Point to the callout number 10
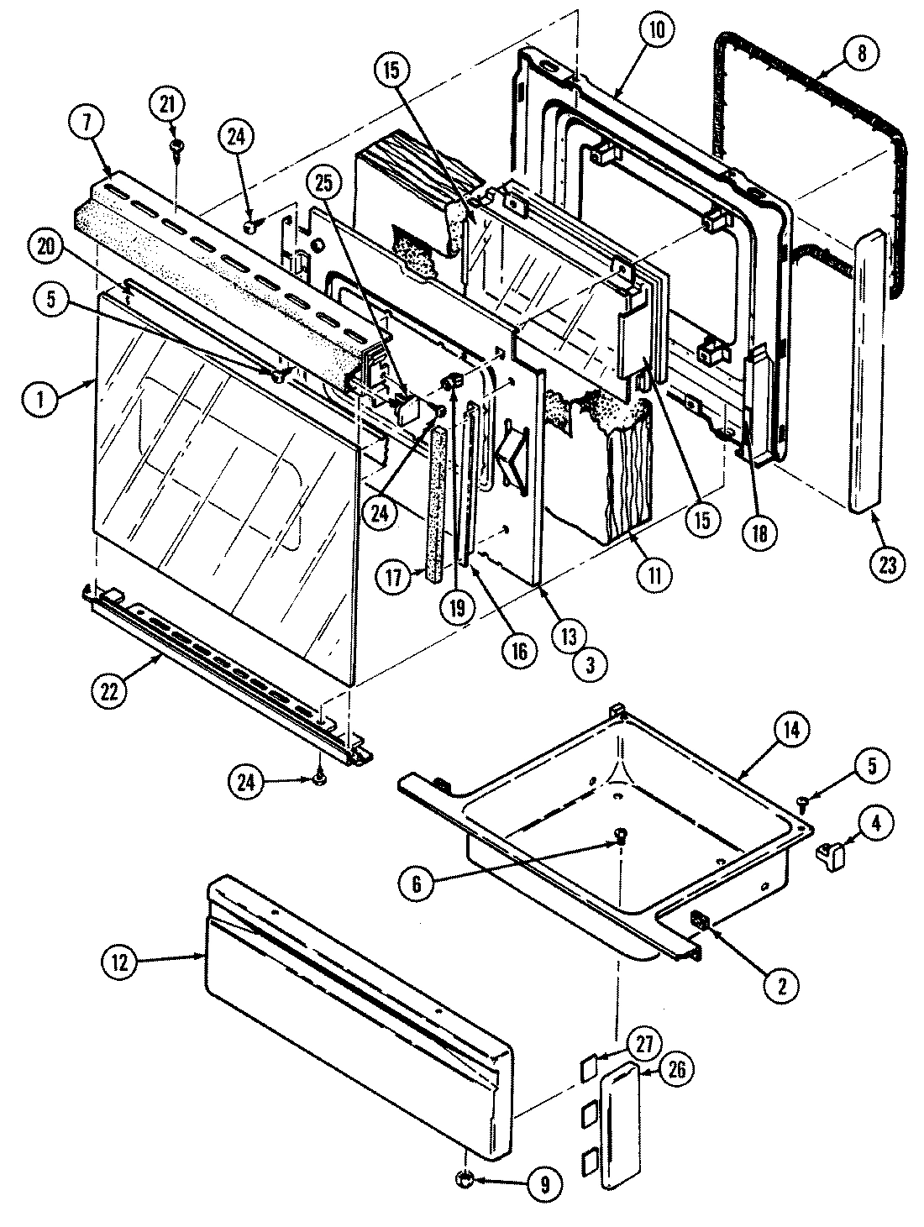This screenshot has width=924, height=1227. pyautogui.click(x=657, y=31)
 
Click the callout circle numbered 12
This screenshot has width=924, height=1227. pyautogui.click(x=119, y=963)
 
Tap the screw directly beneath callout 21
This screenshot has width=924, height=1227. pyautogui.click(x=177, y=145)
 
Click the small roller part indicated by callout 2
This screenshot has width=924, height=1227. pyautogui.click(x=698, y=922)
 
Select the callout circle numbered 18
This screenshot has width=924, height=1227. pyautogui.click(x=759, y=532)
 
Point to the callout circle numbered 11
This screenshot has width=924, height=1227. pyautogui.click(x=654, y=574)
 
